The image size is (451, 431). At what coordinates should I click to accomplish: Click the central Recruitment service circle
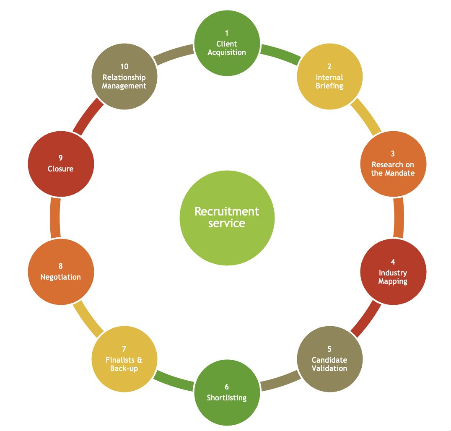227,218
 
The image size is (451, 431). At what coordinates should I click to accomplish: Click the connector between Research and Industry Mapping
399,218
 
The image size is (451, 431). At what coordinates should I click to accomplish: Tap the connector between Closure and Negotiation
55,218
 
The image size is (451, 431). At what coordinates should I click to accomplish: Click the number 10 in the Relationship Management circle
124,67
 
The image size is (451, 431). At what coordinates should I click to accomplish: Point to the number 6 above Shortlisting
227,387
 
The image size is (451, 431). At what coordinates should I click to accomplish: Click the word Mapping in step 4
393,281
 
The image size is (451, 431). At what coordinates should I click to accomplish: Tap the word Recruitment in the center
227,211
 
